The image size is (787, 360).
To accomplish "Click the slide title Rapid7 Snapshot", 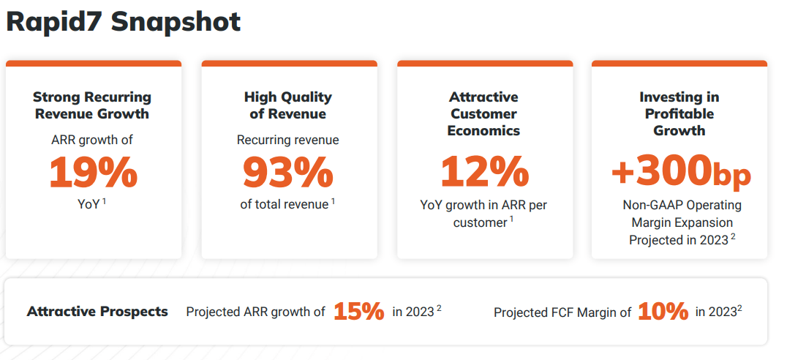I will coord(123,21).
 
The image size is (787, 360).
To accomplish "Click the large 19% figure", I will coord(93,173).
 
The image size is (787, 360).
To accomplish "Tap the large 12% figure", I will coord(484,173).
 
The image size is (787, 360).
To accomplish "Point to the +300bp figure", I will coord(681,173).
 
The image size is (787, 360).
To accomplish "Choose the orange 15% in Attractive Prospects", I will coord(358,312).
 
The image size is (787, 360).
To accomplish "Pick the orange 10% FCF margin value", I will coord(663,312).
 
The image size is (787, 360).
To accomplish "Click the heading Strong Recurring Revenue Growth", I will coord(92,105).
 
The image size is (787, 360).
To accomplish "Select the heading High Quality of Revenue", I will coord(287,105).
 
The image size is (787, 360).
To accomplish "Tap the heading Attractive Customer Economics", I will coord(483,113).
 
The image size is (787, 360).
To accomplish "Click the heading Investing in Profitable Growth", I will coord(679,113).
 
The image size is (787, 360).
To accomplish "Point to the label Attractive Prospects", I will coord(97,312).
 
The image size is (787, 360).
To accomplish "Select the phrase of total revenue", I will coord(285,205).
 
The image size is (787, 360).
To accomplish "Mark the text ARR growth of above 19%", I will coord(92,139).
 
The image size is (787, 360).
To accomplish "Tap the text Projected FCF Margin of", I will coord(562,312).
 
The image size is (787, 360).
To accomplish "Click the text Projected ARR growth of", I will coord(255,312).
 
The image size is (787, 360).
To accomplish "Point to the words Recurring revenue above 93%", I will coord(287,139).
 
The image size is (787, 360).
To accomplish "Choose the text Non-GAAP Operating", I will coord(682,205).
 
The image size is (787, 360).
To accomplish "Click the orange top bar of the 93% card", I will coord(289,64).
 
